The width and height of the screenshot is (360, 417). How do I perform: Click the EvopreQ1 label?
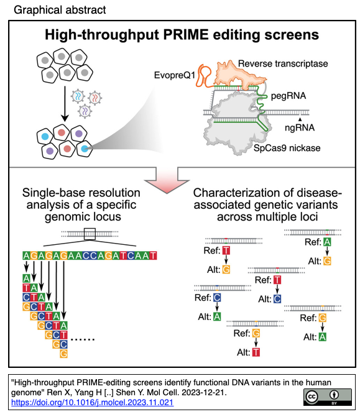click(x=175, y=75)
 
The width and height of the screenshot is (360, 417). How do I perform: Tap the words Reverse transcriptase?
click(x=283, y=63)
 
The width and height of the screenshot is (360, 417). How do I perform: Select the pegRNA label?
click(x=288, y=96)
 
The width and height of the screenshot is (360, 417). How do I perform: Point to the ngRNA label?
click(x=300, y=128)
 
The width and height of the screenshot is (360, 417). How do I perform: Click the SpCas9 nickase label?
click(x=287, y=148)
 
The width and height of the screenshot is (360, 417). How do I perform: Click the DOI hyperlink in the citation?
click(x=92, y=402)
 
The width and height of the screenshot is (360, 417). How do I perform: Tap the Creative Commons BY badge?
click(x=327, y=396)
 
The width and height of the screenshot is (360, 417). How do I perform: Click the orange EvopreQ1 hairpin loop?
click(x=203, y=75)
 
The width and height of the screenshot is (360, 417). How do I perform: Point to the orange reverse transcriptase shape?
click(x=238, y=74)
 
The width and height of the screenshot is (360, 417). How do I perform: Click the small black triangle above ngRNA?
click(x=300, y=119)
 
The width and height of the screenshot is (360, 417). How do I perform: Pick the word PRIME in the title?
click(x=186, y=35)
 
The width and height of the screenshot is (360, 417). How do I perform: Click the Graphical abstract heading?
click(x=60, y=10)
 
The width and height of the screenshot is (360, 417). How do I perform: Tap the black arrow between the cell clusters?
click(x=65, y=104)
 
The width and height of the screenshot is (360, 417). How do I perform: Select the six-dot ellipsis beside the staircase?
click(x=83, y=339)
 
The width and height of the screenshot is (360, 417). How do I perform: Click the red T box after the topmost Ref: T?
click(x=226, y=250)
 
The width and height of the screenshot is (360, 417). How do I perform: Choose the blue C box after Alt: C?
click(x=277, y=299)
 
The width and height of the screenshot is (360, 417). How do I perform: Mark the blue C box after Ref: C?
click(x=217, y=298)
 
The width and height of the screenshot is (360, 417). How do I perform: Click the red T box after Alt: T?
click(x=256, y=352)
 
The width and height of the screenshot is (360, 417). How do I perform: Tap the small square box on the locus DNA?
click(x=90, y=234)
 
